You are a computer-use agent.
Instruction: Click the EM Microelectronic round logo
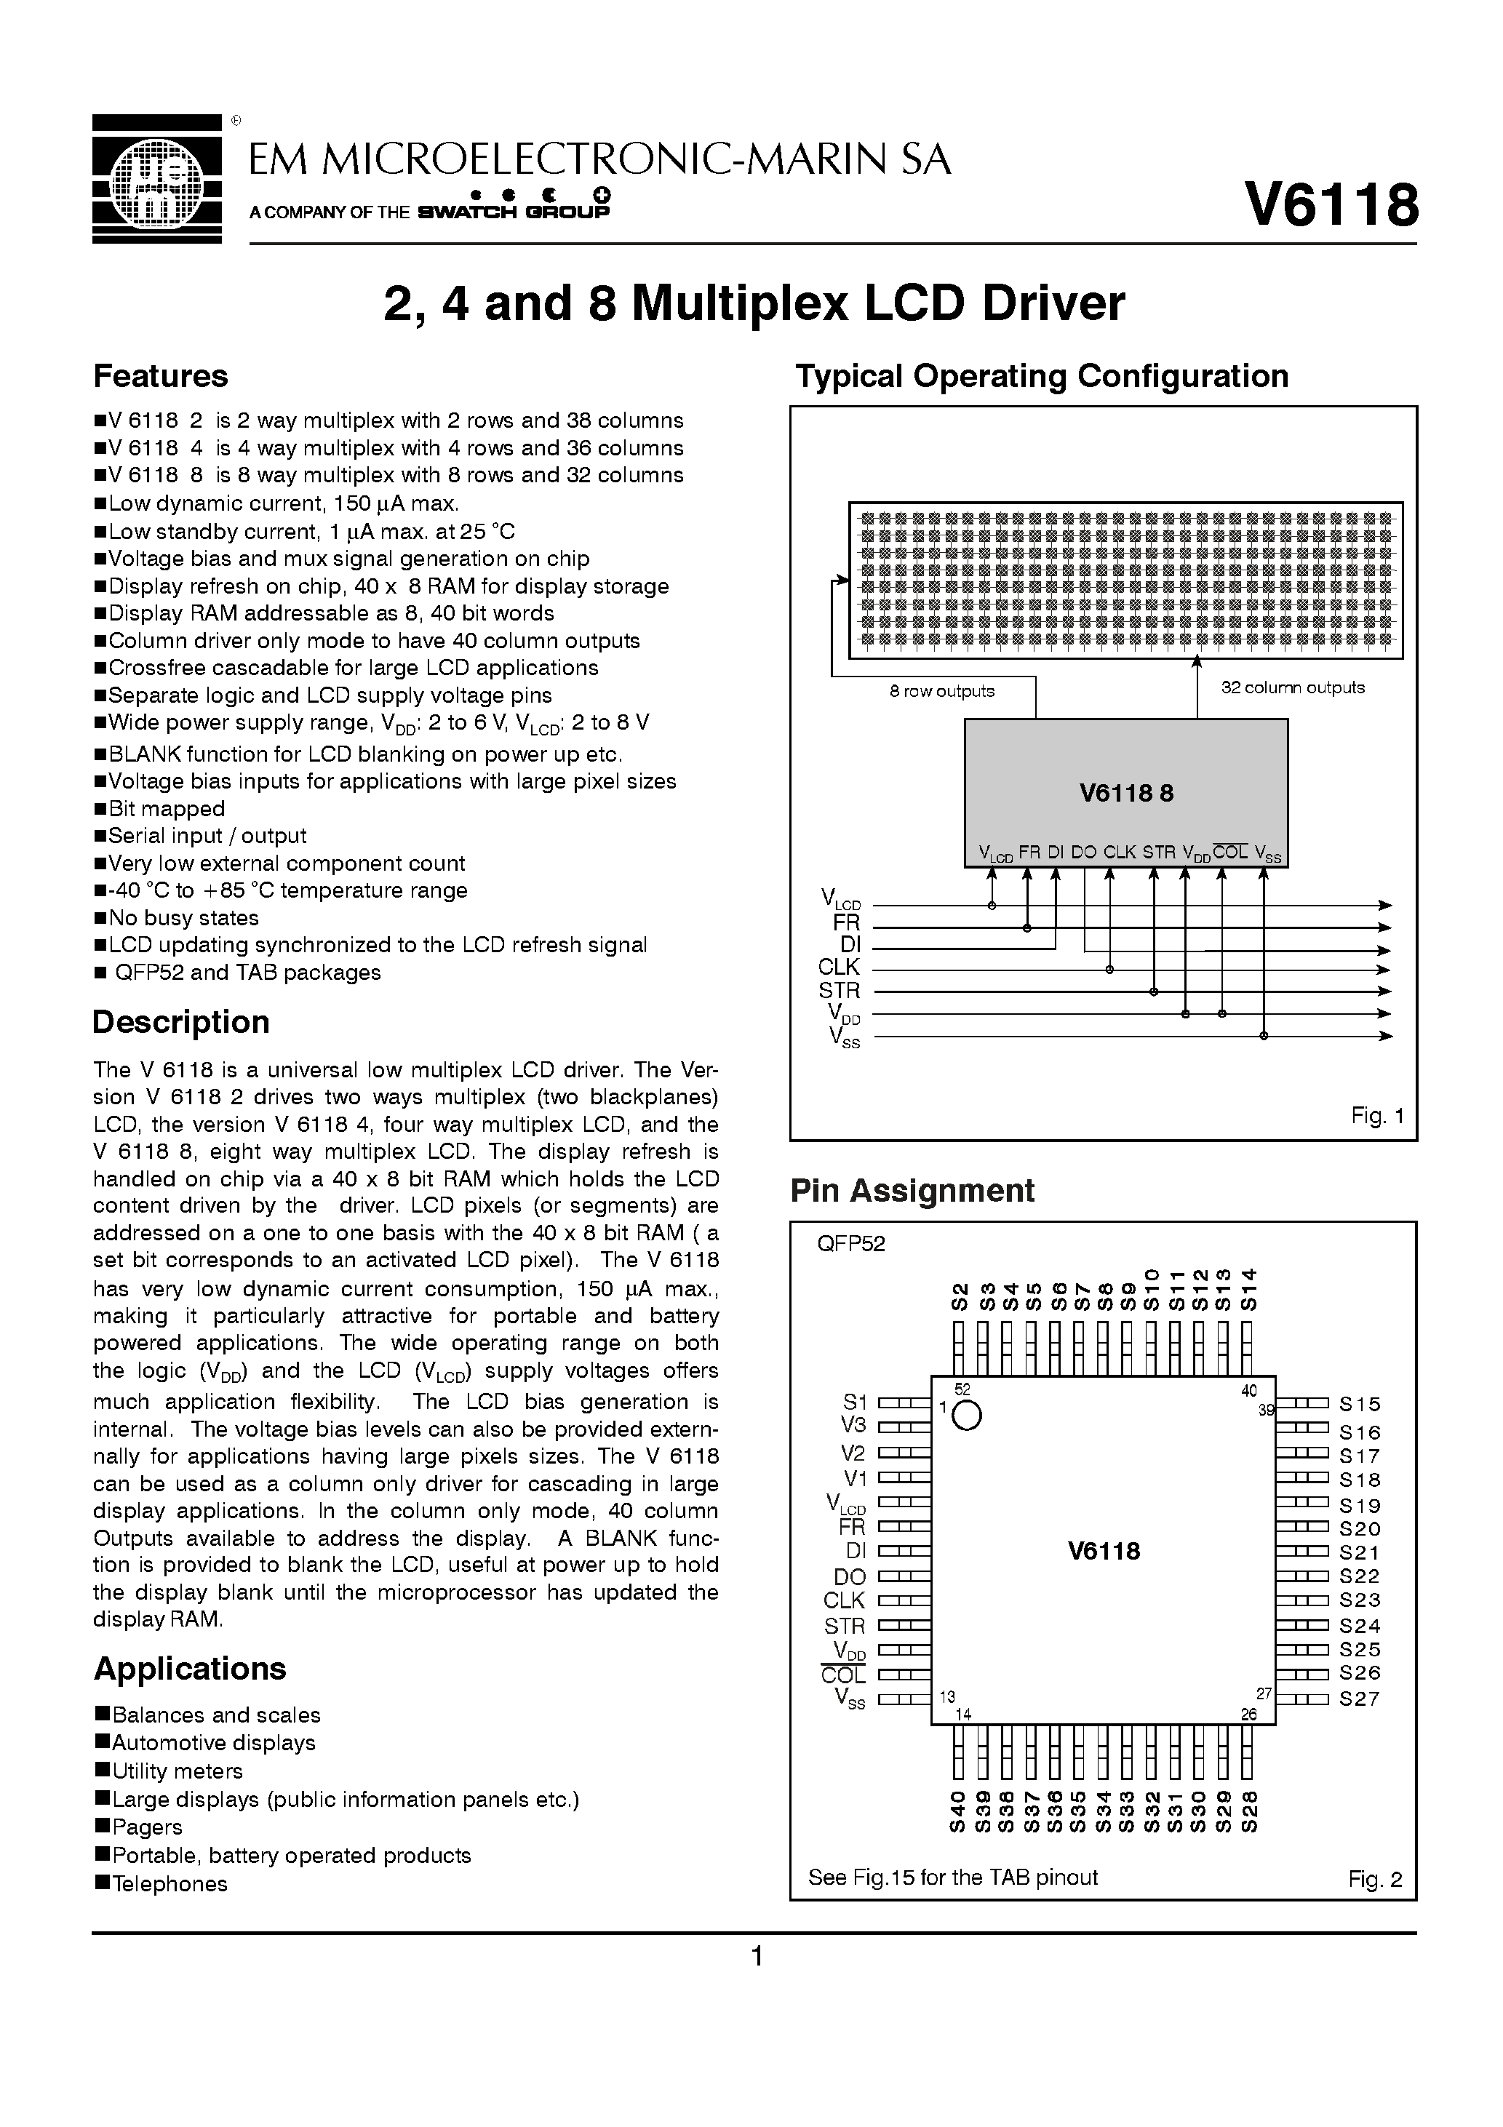[156, 178]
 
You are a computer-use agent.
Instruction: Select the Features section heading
[160, 376]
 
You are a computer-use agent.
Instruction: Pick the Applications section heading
[190, 1669]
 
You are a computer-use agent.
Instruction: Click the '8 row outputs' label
[941, 691]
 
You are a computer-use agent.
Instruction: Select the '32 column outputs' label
[1293, 687]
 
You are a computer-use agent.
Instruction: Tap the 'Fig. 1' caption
[1377, 1115]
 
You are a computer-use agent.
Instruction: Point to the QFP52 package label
[850, 1243]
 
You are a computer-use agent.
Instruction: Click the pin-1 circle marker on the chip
[967, 1416]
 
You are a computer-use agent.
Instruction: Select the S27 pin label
[1360, 1699]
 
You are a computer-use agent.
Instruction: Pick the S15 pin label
[1360, 1405]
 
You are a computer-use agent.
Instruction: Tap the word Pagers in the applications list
[148, 1827]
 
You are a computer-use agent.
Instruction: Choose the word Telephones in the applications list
[170, 1883]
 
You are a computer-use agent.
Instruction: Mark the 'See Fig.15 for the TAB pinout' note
[952, 1877]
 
